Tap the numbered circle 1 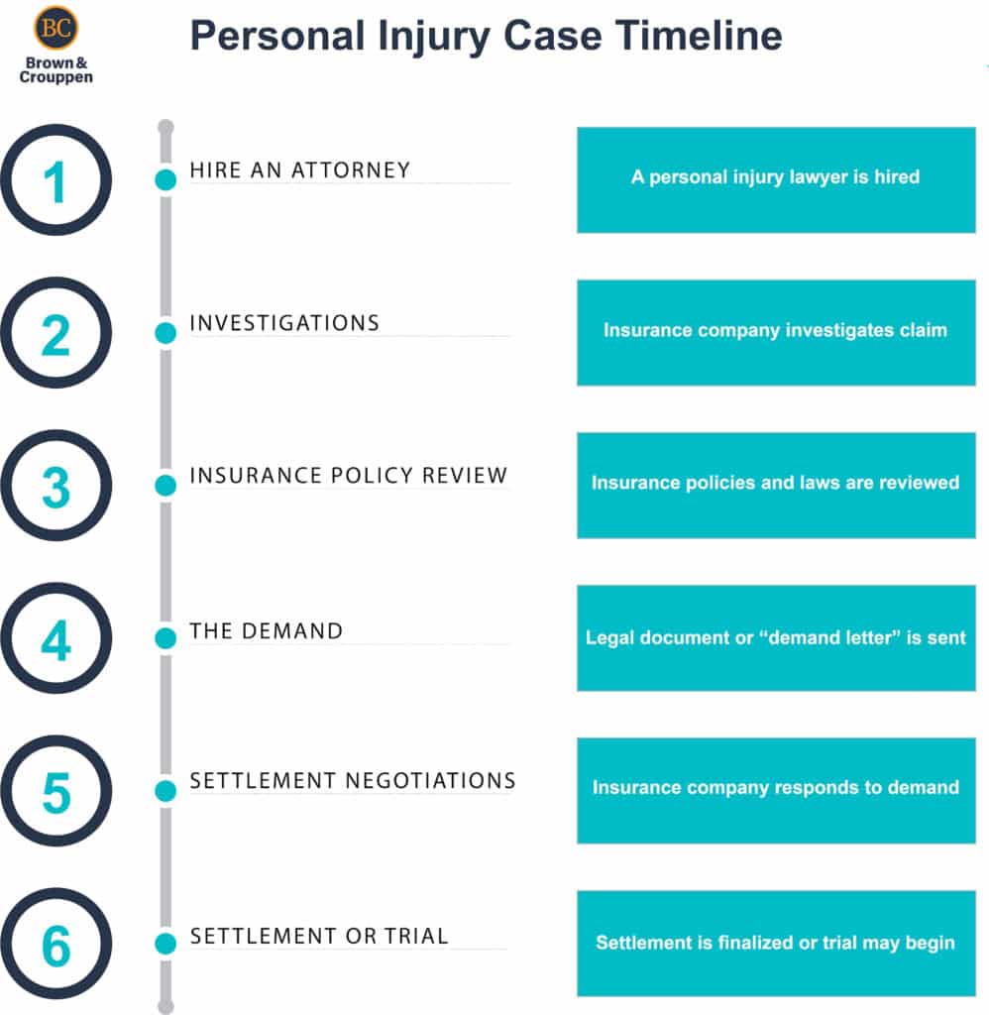55,180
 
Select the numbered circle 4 55,638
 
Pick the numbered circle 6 55,944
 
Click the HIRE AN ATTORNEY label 299,170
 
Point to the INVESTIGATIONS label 284,323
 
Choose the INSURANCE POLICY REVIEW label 348,476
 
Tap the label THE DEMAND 266,630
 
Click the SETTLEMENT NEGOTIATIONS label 352,781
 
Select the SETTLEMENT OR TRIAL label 319,936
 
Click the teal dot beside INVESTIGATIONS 165,333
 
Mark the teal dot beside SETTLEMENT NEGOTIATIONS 165,791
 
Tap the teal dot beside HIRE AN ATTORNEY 165,180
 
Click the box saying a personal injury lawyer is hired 776,179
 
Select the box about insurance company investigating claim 776,332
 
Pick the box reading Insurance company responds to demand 776,790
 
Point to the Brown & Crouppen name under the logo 55,70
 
